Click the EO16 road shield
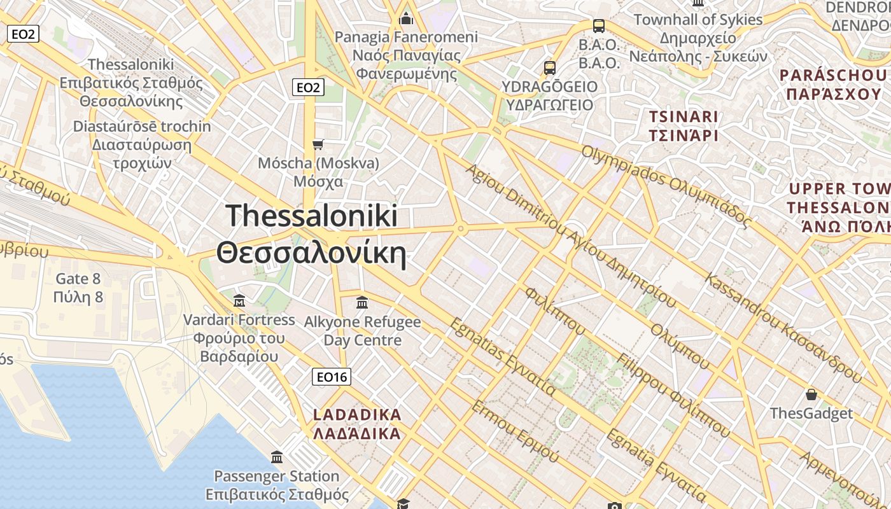(x=332, y=377)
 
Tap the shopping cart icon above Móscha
(x=318, y=145)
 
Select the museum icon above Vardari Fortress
(x=239, y=300)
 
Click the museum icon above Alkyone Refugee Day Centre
(x=362, y=302)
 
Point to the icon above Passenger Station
(x=277, y=457)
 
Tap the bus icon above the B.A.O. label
(x=598, y=26)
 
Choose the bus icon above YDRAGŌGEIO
(x=549, y=67)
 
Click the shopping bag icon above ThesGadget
(x=811, y=394)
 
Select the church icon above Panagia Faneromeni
(x=406, y=19)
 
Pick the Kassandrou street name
(x=783, y=327)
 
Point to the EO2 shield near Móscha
(x=308, y=88)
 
